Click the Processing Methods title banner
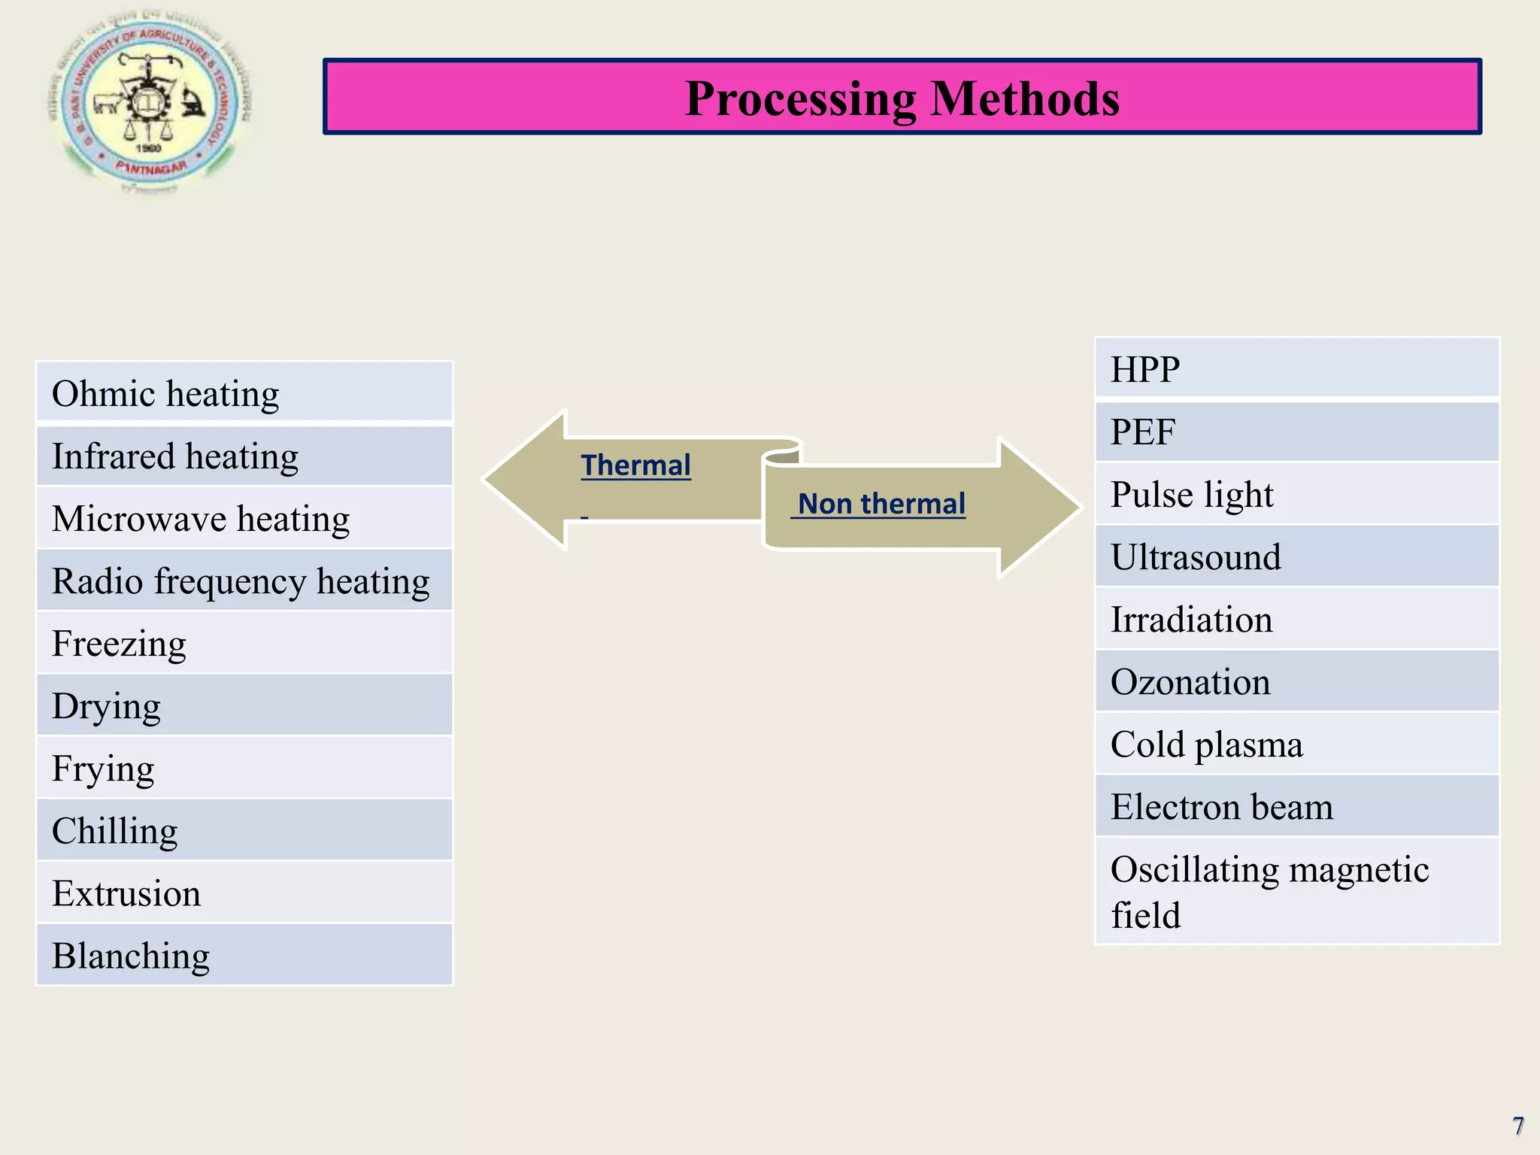click(x=902, y=98)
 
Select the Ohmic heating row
click(x=244, y=393)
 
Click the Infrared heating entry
click(x=244, y=456)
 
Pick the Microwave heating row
click(x=244, y=519)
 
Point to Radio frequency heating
click(x=244, y=581)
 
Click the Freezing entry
click(x=244, y=644)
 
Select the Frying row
click(x=244, y=768)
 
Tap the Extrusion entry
click(x=244, y=893)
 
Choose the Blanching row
click(x=244, y=956)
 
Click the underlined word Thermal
click(x=635, y=465)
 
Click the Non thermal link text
click(x=881, y=504)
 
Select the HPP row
click(x=1296, y=369)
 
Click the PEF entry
click(x=1296, y=432)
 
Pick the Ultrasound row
click(x=1296, y=557)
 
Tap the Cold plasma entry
click(x=1296, y=744)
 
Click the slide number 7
click(x=1517, y=1126)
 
